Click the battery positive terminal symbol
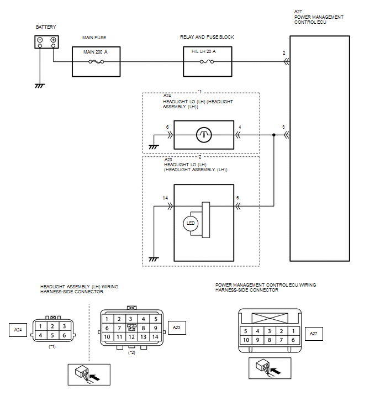click(x=53, y=40)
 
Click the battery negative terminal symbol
click(x=40, y=40)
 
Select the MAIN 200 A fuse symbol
click(x=96, y=62)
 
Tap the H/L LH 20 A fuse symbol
click(x=207, y=62)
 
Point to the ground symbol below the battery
click(x=40, y=86)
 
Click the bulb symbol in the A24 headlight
click(x=204, y=135)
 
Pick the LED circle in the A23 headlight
click(x=191, y=223)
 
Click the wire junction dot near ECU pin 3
click(x=274, y=135)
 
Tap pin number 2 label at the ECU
click(x=284, y=53)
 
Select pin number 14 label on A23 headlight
click(x=165, y=198)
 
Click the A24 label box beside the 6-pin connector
click(x=18, y=330)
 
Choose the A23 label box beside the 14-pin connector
click(x=177, y=328)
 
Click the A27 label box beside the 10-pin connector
click(x=314, y=334)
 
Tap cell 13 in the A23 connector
click(x=144, y=337)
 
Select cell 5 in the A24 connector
click(x=52, y=335)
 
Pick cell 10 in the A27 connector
click(x=246, y=340)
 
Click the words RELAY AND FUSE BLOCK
click(x=207, y=37)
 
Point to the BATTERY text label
click(x=46, y=27)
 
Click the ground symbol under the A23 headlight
click(x=154, y=259)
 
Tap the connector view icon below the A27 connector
click(x=270, y=368)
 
